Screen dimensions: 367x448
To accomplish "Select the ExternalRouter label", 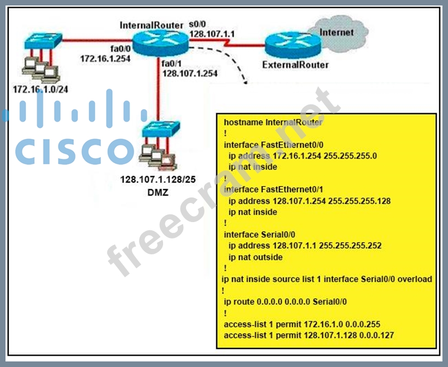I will tap(295, 65).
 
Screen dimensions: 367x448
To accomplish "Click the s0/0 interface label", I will tap(197, 25).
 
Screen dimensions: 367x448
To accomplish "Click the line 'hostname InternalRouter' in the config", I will tap(273, 123).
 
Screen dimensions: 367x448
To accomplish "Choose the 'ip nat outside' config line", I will tap(255, 257).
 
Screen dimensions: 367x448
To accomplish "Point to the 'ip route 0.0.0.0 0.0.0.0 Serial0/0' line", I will tap(286, 301).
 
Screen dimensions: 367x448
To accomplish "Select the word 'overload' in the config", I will tap(415, 279).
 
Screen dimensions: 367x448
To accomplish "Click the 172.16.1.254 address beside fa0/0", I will tap(105, 57).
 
